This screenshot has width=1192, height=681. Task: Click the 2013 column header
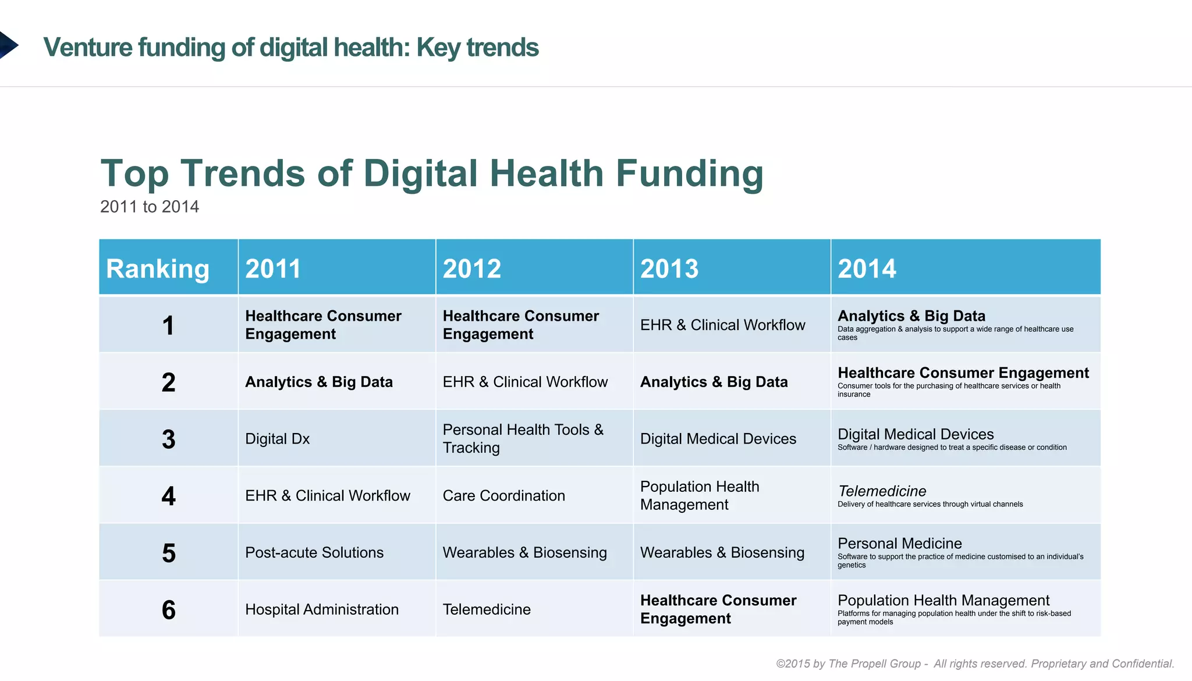[x=669, y=268]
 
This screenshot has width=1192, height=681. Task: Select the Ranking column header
[x=157, y=268]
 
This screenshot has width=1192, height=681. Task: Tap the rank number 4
[x=168, y=496]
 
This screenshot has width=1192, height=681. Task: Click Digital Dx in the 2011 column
[x=277, y=439]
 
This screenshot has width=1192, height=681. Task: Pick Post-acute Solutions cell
[x=314, y=552]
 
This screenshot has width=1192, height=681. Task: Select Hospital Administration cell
[x=322, y=609]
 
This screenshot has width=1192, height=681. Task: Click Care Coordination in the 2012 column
[x=503, y=495]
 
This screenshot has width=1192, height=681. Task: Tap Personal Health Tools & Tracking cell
[x=523, y=438]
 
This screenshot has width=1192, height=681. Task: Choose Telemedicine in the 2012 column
[x=487, y=609]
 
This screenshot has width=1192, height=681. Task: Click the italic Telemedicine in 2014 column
[x=882, y=491]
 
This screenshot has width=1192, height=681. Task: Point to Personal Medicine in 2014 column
[x=899, y=543]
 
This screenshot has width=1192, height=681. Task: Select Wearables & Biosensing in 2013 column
[x=722, y=552]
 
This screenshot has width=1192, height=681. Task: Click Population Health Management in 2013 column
[x=699, y=495]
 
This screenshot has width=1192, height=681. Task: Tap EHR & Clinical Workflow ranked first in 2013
[x=722, y=325]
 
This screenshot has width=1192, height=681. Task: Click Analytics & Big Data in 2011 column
[x=318, y=382]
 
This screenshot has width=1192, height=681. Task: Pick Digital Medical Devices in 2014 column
[x=916, y=434]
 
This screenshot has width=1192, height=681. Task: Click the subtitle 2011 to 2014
[x=150, y=207]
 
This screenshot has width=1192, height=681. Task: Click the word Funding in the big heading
[x=689, y=173]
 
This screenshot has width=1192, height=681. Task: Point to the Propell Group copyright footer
[x=975, y=664]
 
